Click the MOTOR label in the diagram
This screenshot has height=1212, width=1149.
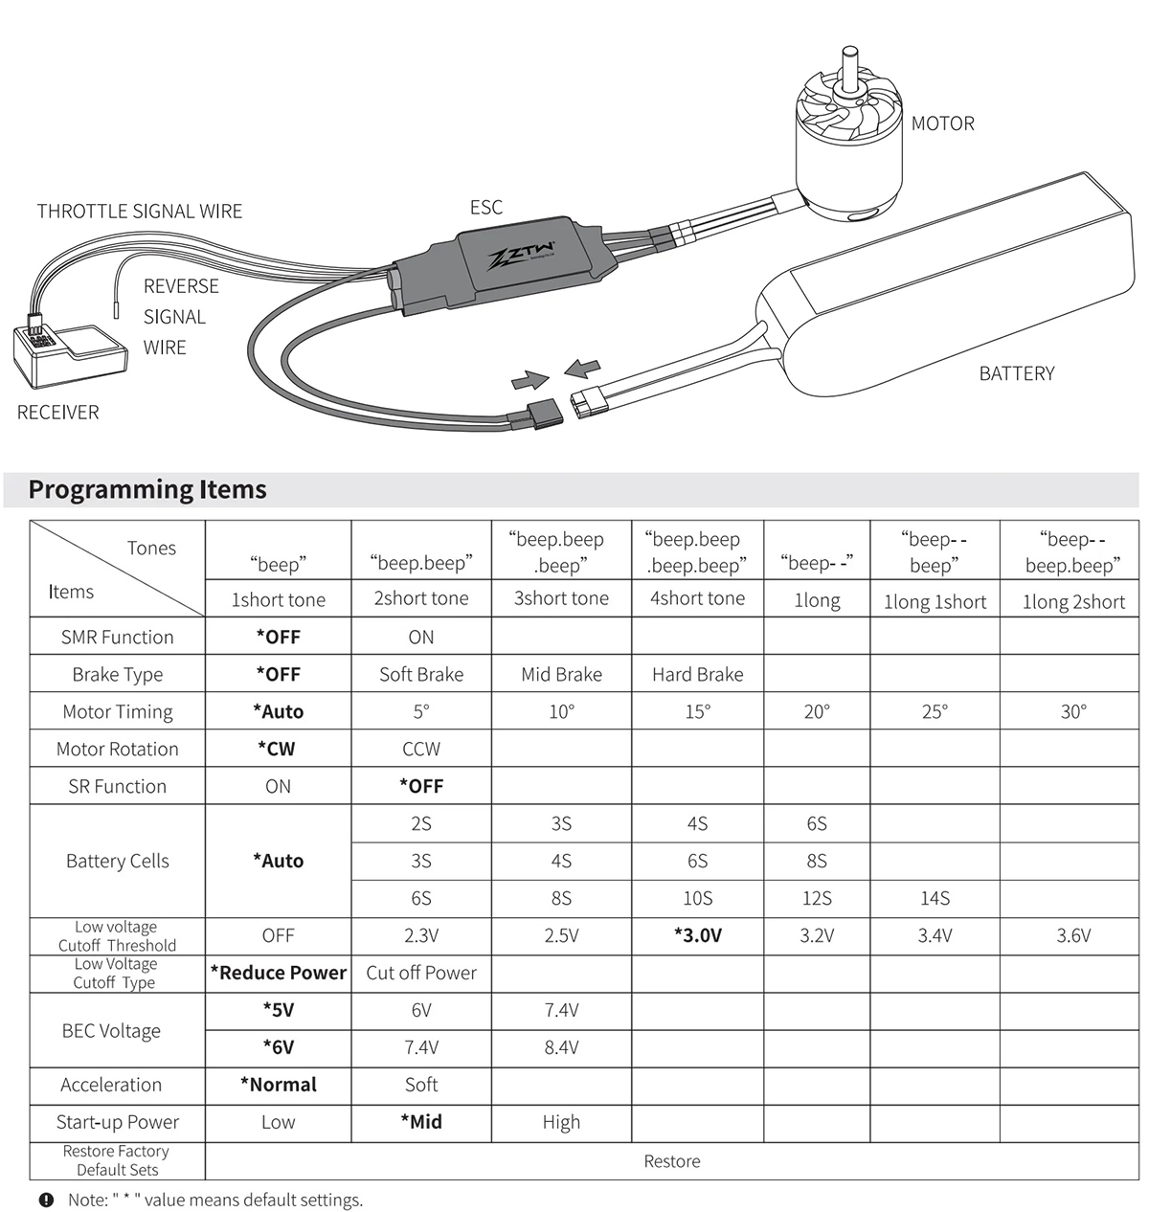(x=942, y=123)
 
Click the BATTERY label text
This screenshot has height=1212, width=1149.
(x=1016, y=373)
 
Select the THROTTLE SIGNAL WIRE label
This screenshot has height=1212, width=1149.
(x=140, y=212)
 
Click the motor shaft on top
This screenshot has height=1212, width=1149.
(x=848, y=67)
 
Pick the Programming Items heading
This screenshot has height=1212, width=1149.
(x=147, y=489)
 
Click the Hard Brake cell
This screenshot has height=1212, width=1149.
(x=697, y=674)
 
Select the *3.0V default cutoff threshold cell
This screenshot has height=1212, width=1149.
(x=697, y=935)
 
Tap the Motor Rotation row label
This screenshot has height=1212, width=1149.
(x=117, y=749)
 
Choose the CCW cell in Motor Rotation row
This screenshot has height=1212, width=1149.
(x=421, y=749)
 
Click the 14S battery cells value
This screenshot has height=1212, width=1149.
(x=935, y=898)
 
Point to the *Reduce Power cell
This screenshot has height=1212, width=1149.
(x=278, y=973)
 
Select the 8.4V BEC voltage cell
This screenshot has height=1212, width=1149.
(x=561, y=1047)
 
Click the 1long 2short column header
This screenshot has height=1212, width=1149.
(x=1073, y=601)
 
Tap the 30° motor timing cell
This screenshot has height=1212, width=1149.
(x=1073, y=711)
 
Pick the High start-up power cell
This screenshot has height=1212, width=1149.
(x=561, y=1122)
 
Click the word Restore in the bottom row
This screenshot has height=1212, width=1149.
(x=671, y=1161)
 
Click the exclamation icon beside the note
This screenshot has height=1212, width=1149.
(x=46, y=1200)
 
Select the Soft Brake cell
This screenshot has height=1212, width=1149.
(x=421, y=674)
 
